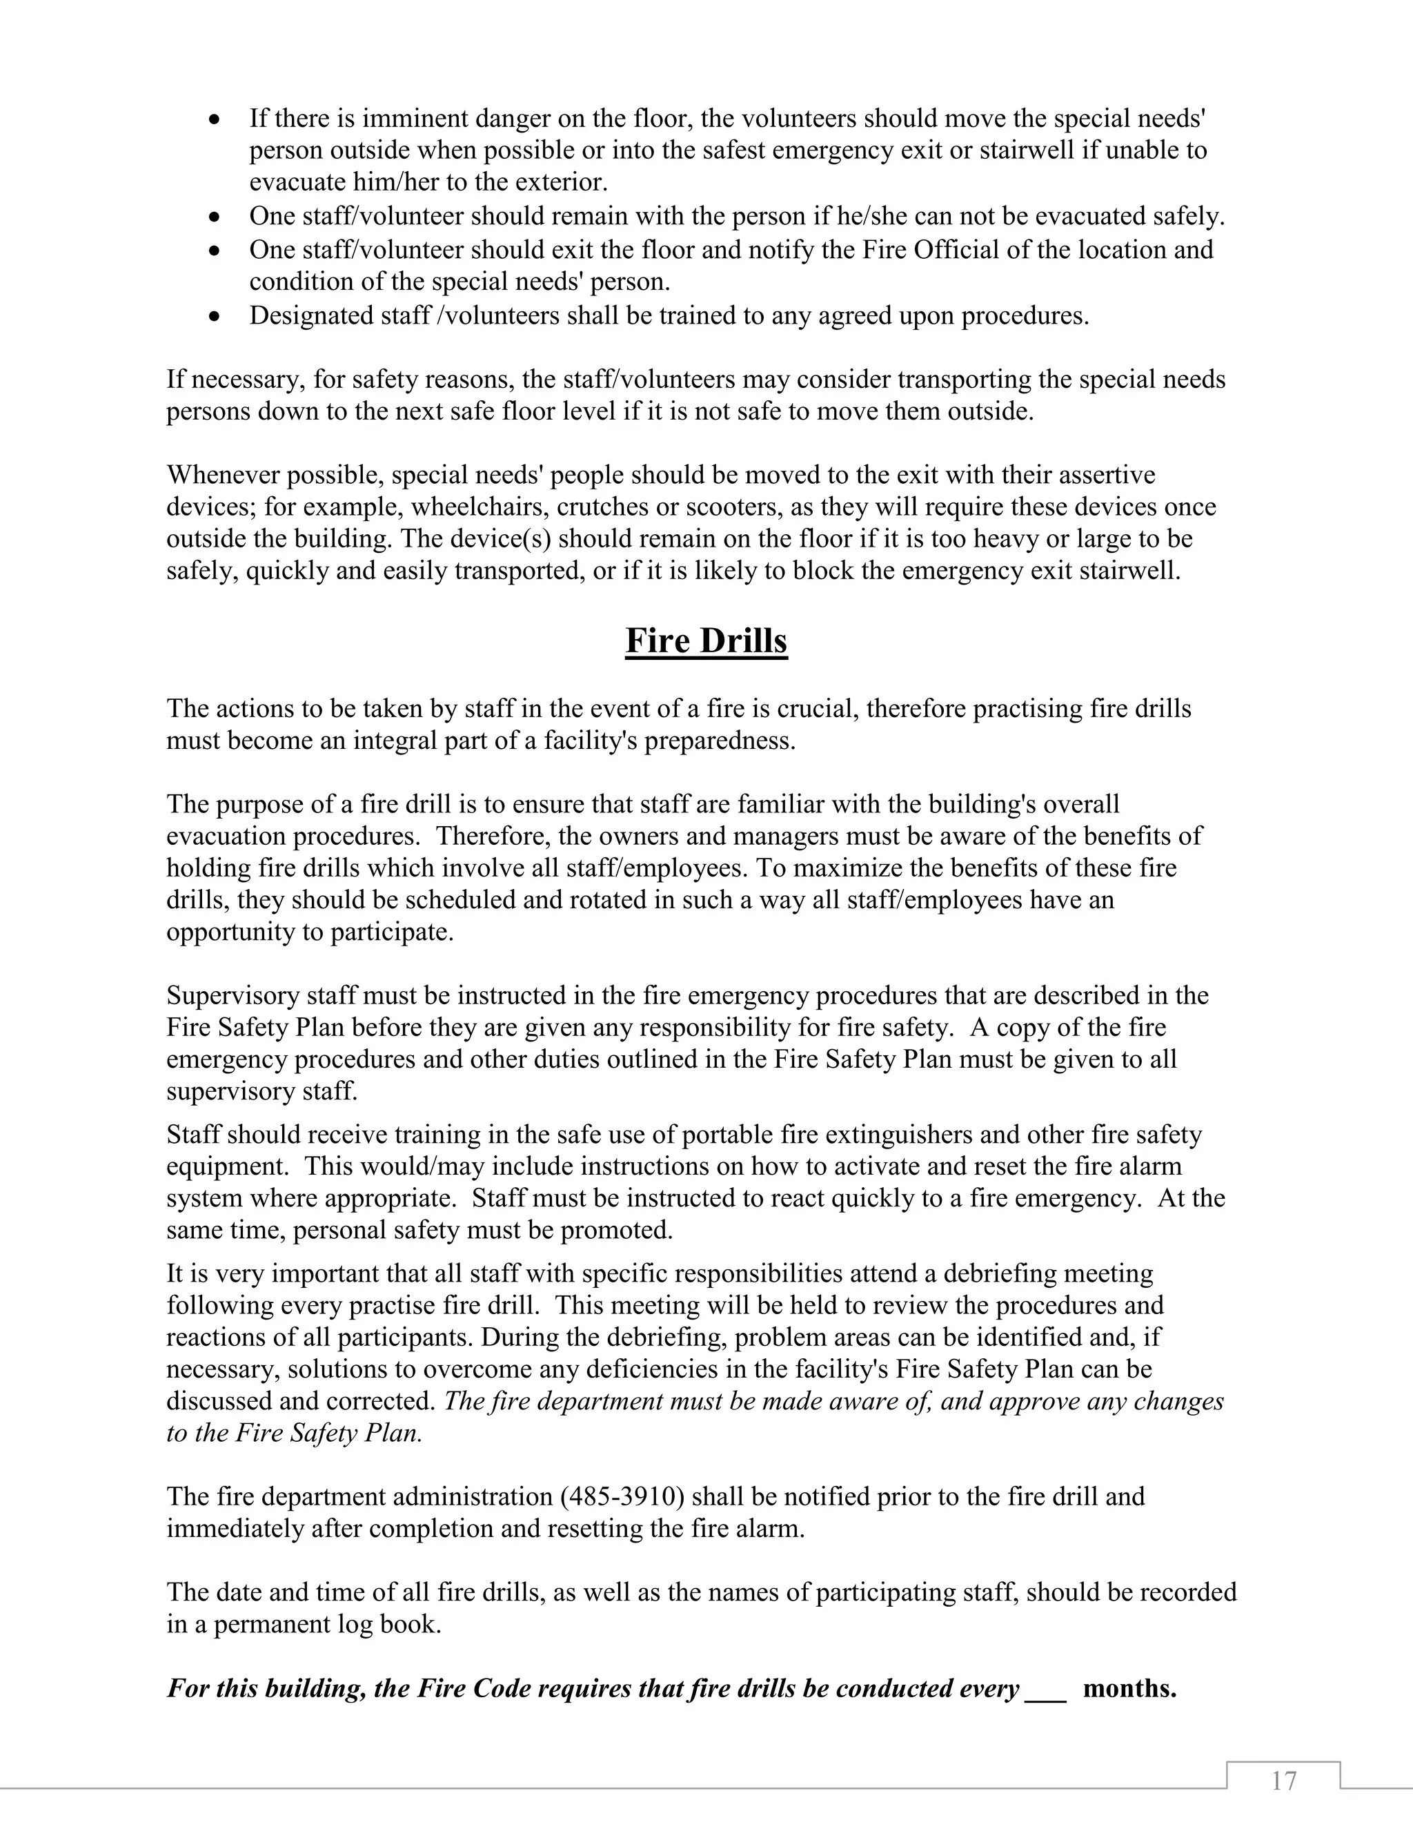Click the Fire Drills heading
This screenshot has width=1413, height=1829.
tap(706, 640)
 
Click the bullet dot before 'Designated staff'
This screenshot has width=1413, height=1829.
tap(216, 317)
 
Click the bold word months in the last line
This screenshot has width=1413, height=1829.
tap(1130, 1688)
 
